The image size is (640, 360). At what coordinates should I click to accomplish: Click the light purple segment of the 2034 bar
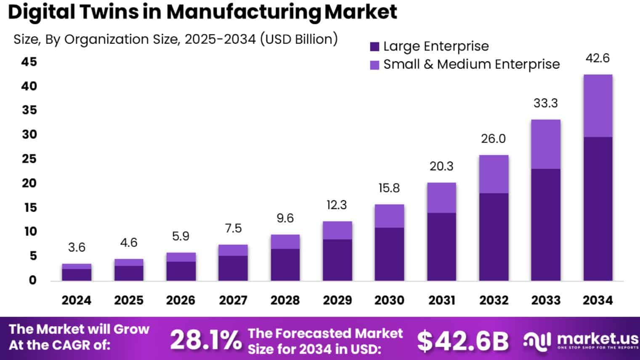coord(598,106)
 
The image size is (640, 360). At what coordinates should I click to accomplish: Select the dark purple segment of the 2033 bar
coord(545,225)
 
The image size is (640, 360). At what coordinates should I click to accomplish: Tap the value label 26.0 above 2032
coord(493,139)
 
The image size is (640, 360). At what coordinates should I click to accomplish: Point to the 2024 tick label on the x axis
coord(76,300)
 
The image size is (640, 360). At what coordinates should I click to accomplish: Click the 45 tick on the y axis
coord(29,62)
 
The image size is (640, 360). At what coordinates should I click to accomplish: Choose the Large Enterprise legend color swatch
coord(374,47)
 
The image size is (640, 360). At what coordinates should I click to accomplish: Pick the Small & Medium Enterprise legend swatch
coord(374,65)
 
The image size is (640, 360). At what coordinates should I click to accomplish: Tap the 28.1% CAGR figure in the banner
coord(206,340)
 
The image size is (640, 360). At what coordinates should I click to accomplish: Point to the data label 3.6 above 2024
coord(77,247)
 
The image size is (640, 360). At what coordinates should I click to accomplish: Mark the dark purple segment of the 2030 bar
coord(389,254)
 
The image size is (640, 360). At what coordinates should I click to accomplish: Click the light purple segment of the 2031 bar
coord(441,198)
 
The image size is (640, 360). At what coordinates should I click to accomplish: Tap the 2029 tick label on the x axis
coord(337,300)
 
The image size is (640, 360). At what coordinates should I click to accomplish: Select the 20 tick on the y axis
coord(29,183)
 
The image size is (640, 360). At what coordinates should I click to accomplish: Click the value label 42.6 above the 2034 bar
coord(598,58)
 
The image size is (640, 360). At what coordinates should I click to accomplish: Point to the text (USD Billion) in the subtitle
coord(299,39)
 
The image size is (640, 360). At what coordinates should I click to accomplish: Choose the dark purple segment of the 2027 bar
coord(233,268)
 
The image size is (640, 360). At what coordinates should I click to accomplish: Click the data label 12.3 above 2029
coord(337,205)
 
